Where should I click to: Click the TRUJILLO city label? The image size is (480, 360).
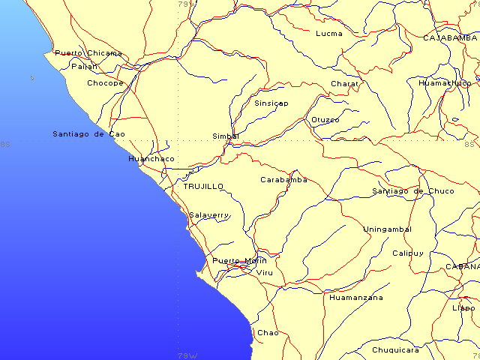click(203, 186)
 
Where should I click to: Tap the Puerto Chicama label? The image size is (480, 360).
click(88, 53)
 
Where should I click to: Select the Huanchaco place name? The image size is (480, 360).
click(151, 159)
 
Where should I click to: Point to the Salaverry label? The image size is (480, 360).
click(208, 215)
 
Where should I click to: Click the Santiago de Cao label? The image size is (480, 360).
click(88, 134)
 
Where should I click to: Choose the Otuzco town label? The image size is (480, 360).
click(325, 120)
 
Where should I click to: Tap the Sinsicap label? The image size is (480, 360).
click(271, 103)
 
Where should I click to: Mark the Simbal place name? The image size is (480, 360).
click(226, 136)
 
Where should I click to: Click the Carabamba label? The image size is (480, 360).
click(283, 180)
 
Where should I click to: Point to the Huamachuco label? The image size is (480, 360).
click(445, 83)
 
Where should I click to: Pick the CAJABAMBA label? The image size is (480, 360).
click(450, 37)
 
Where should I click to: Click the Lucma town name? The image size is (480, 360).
click(329, 34)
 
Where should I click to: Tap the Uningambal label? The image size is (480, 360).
click(388, 229)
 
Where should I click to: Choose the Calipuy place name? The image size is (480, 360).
click(408, 253)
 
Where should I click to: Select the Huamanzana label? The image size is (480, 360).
click(356, 298)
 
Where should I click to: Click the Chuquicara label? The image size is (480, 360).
click(396, 349)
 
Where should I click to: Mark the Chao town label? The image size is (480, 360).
click(268, 333)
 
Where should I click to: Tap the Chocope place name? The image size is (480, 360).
click(105, 83)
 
